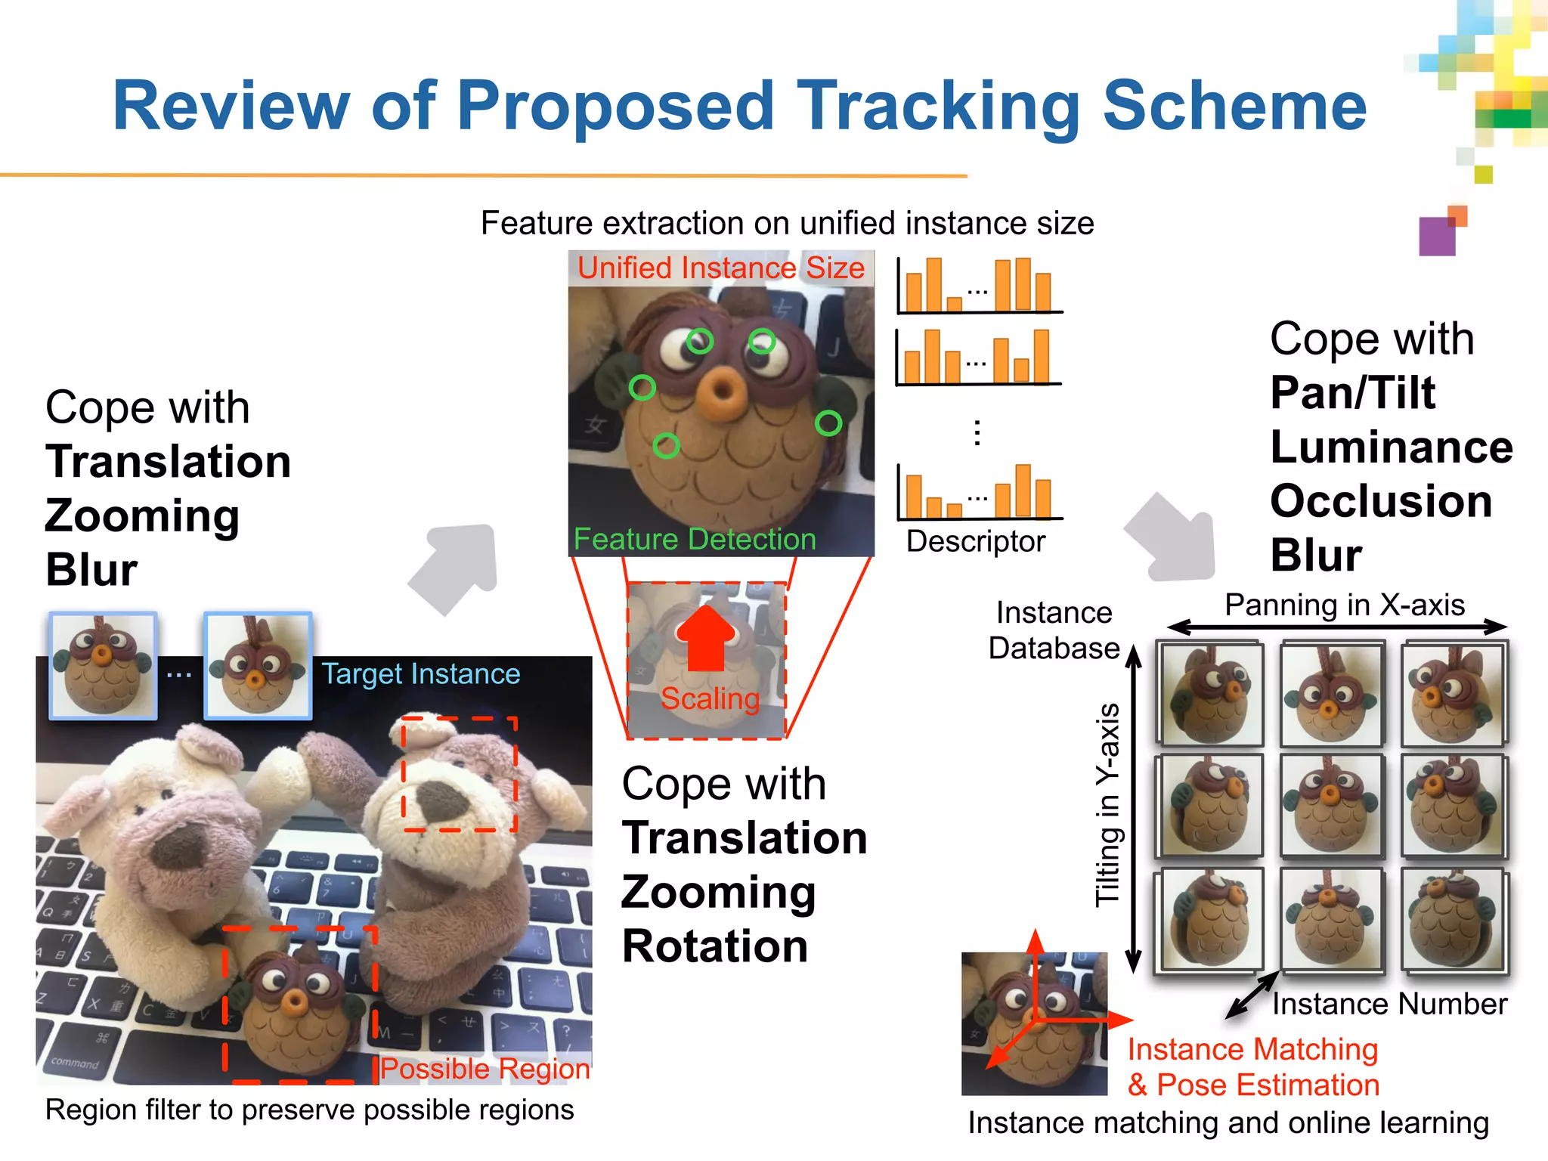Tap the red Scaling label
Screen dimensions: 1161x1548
tap(710, 698)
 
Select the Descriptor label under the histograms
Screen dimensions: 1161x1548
tap(975, 541)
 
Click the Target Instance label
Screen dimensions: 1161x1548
tap(421, 673)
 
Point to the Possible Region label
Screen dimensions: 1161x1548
tap(485, 1068)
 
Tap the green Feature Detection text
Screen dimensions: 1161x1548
tap(695, 539)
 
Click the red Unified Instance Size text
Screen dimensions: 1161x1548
tap(720, 268)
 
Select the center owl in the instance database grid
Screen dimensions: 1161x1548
tap(1332, 806)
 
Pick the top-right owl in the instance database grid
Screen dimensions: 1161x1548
tap(1453, 694)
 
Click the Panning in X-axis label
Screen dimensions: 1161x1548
tap(1344, 605)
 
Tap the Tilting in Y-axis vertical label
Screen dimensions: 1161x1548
tap(1107, 804)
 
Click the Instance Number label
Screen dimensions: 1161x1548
tap(1389, 1004)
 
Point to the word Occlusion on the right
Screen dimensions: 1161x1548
tap(1381, 500)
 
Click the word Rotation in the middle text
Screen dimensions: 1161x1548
tap(715, 946)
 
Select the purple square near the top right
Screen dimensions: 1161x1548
tap(1437, 237)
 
